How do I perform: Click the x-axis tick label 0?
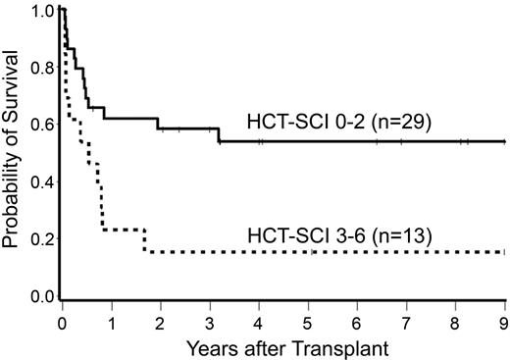[x=63, y=320]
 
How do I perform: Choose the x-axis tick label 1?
[x=112, y=320]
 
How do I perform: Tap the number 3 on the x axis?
[x=210, y=320]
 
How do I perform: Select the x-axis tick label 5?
[x=308, y=320]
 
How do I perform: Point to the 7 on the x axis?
[x=406, y=320]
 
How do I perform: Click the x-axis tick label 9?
[x=503, y=320]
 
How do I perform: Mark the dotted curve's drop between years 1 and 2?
[x=145, y=241]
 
